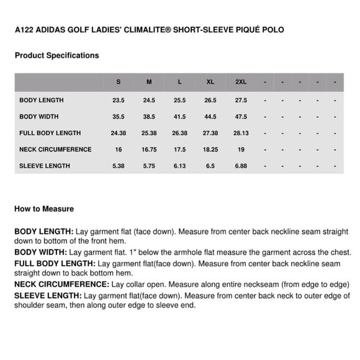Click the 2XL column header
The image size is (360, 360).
click(x=241, y=82)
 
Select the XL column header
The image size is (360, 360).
click(x=210, y=82)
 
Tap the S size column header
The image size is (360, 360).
click(x=119, y=82)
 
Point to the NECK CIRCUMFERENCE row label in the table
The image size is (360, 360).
click(x=55, y=150)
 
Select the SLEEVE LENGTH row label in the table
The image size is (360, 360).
click(x=45, y=166)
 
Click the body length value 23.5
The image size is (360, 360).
click(x=119, y=100)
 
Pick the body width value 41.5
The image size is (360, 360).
click(x=180, y=117)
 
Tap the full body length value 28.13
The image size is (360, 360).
click(x=241, y=133)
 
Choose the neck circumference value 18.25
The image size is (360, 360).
click(x=210, y=150)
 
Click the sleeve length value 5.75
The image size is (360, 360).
click(x=149, y=166)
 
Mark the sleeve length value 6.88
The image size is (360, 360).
click(x=241, y=166)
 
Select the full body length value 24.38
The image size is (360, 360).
click(x=119, y=133)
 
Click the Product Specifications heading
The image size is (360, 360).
click(x=56, y=55)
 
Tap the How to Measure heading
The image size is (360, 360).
click(x=44, y=209)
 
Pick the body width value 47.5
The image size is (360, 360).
click(x=241, y=117)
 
